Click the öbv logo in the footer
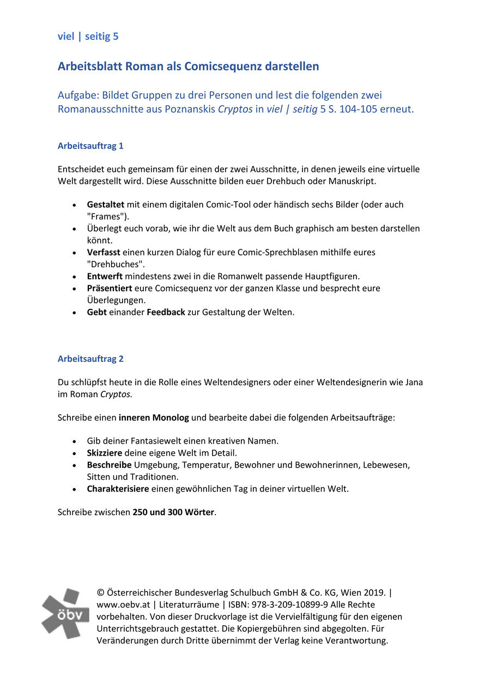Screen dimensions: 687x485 coord(65,613)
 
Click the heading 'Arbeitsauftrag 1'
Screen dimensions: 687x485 coord(90,146)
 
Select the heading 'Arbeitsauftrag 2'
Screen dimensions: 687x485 coord(90,359)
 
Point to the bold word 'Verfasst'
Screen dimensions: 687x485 coord(104,252)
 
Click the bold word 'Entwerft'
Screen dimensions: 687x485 coord(105,276)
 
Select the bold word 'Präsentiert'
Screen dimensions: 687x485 coord(108,288)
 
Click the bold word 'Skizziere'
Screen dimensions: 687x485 coord(105,453)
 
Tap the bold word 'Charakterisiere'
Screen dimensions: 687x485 coord(118,489)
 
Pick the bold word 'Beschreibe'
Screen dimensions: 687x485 coord(109,465)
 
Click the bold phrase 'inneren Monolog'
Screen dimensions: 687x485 coord(154,418)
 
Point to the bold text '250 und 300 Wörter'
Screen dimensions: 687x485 coord(174,513)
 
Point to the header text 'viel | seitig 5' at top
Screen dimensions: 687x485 coord(88,37)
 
